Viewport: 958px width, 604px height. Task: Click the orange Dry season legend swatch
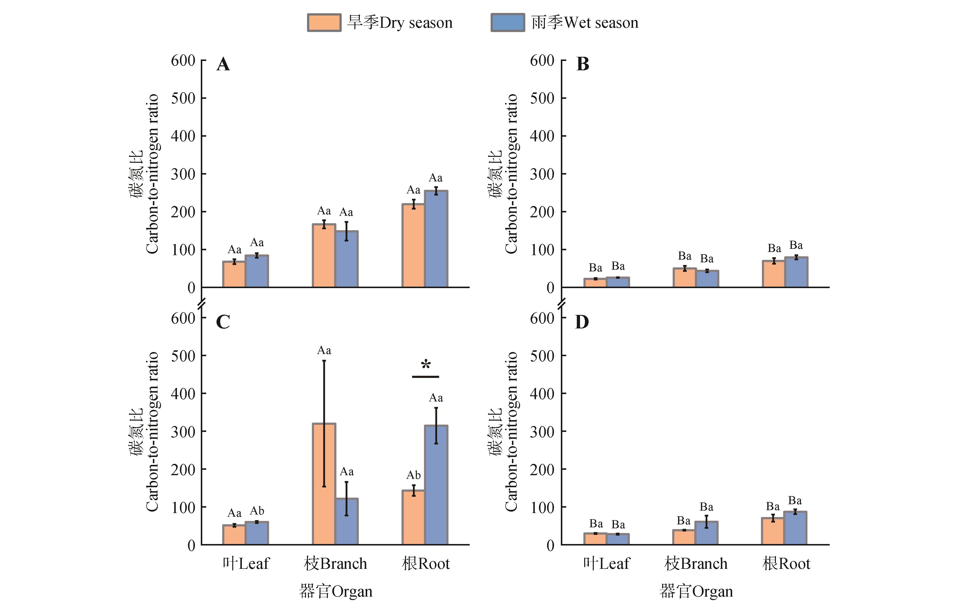coord(324,23)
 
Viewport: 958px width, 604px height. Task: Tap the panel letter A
coord(223,64)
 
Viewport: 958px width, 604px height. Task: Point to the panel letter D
coord(582,322)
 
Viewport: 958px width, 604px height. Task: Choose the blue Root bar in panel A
coord(436,239)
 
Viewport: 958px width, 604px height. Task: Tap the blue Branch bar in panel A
coord(347,259)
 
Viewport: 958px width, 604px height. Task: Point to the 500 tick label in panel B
coord(542,98)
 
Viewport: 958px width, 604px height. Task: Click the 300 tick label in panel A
coord(183,174)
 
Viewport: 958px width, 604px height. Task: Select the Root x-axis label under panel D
coord(786,563)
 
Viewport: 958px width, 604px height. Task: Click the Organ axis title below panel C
coord(335,591)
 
